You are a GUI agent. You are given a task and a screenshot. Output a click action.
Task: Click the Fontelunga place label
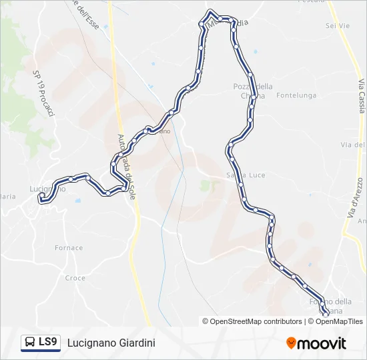pos(296,95)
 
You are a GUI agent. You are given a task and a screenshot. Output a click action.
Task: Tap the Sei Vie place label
pos(338,25)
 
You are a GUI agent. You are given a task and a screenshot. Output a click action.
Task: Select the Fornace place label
pos(69,247)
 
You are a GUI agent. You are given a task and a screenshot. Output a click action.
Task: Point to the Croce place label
pos(75,278)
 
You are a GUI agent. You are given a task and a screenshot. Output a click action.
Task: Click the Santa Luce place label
pos(246,175)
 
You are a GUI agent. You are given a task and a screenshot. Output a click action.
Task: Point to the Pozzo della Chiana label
pos(253,91)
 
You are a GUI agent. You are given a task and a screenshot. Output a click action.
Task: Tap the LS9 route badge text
pos(47,343)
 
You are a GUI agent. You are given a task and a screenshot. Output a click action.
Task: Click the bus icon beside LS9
pos(30,343)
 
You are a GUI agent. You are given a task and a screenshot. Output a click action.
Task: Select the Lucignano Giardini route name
pos(111,343)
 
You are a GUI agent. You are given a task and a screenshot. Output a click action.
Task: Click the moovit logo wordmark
pos(322,343)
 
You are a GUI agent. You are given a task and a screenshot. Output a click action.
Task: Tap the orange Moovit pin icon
pos(291,343)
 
